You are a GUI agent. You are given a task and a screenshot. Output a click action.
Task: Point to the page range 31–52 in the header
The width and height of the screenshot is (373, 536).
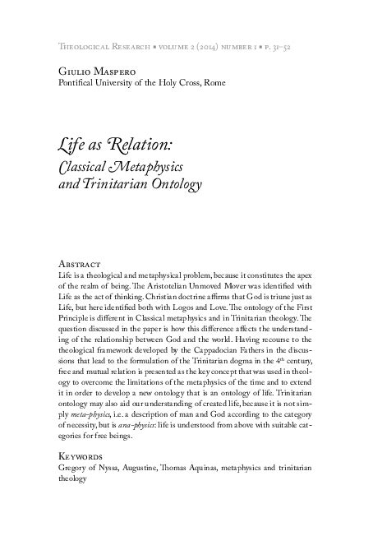tap(284, 47)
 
